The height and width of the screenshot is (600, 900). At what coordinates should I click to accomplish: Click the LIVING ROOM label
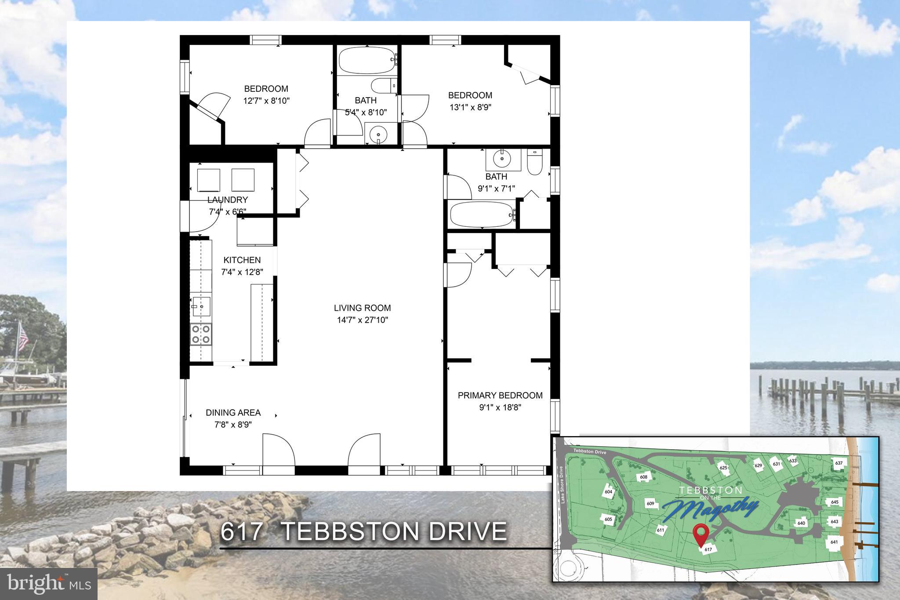click(362, 308)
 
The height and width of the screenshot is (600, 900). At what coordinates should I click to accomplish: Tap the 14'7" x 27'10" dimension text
click(362, 320)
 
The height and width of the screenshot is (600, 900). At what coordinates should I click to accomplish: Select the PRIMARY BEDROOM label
click(500, 396)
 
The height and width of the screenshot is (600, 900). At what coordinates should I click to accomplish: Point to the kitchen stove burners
click(201, 334)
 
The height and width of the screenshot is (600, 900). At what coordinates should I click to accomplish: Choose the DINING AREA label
click(233, 413)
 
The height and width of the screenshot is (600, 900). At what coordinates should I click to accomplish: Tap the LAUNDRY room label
click(227, 200)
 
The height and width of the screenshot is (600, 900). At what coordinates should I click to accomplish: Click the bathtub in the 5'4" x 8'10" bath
click(367, 61)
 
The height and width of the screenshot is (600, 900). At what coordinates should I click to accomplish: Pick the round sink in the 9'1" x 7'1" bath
click(502, 160)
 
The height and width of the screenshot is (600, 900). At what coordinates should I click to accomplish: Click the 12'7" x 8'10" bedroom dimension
click(266, 101)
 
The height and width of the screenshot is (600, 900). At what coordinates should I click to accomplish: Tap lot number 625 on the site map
click(723, 467)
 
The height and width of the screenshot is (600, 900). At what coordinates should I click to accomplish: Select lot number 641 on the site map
click(834, 542)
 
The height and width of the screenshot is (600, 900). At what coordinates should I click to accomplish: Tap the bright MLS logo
click(48, 584)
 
